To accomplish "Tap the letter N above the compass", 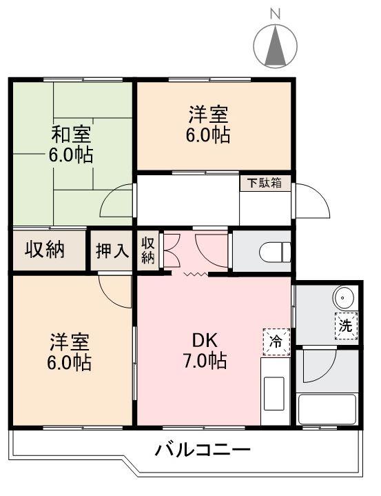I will [x=276, y=13].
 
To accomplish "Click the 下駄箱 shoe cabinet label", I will [x=265, y=183].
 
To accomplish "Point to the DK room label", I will [x=205, y=339].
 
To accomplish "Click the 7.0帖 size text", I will [x=206, y=359].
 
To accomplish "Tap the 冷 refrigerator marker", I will [x=276, y=340].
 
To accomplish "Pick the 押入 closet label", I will [x=112, y=251].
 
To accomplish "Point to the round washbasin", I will [x=344, y=298].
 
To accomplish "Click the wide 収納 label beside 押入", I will [x=45, y=250].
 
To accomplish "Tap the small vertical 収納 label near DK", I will [x=148, y=250].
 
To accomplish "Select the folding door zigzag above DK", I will [x=194, y=274].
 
